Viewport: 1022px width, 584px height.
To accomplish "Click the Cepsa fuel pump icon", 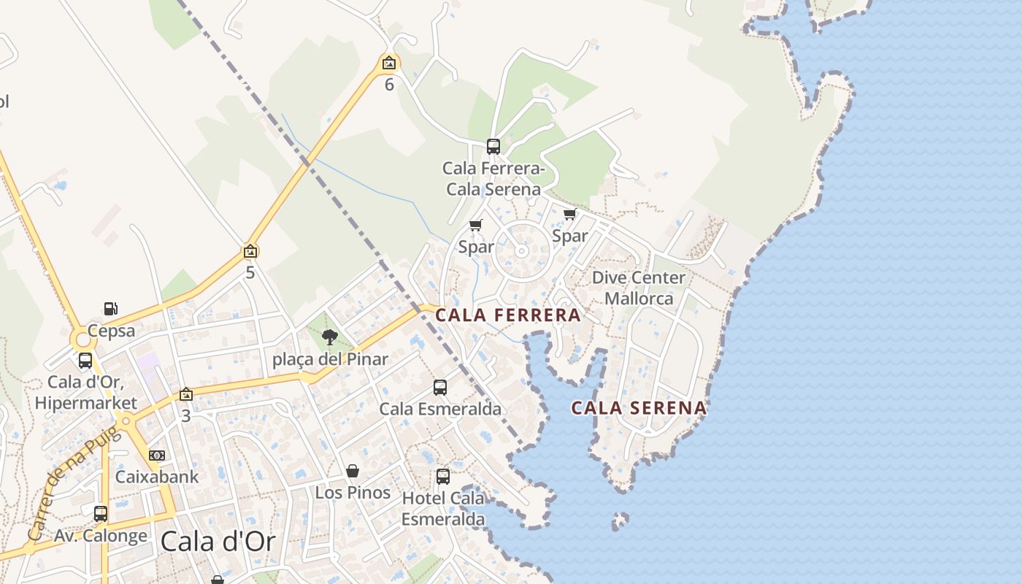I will pos(110,309).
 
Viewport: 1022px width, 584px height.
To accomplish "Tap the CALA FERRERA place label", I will pos(508,315).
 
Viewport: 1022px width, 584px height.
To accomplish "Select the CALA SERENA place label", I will pos(639,408).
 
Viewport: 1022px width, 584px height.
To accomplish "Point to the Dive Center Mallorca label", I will pos(639,288).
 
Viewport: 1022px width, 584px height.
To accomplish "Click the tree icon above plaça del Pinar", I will pos(330,337).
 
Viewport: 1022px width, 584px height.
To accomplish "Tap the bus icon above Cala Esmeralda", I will pos(440,388).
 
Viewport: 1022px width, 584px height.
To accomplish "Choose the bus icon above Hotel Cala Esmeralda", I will pos(443,477).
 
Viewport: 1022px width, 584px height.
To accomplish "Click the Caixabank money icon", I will pos(157,456).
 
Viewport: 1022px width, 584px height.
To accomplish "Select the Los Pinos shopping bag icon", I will pos(353,471).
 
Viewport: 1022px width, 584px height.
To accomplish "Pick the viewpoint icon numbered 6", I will pos(389,64).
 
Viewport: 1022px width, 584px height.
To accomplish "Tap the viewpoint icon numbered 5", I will pos(250,252).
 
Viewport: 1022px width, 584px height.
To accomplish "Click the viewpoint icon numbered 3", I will pos(186,394).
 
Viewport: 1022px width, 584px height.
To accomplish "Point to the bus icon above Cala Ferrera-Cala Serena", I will pos(493,147).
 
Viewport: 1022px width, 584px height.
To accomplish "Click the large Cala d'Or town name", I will pos(218,542).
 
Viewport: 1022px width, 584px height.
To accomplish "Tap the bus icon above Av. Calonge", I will pos(101,514).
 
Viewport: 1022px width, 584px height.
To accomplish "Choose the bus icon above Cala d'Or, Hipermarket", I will pos(85,361).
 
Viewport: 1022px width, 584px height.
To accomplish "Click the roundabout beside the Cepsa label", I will pos(82,339).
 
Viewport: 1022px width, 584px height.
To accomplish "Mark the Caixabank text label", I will pos(157,477).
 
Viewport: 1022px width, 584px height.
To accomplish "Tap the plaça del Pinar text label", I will pos(330,359).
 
